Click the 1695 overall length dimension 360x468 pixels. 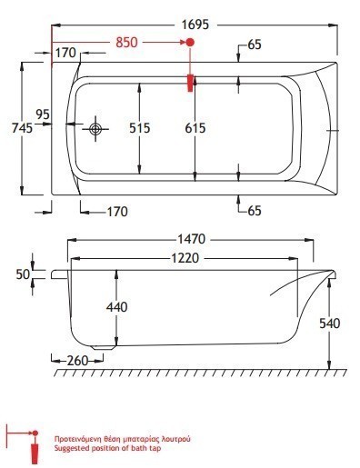point(195,25)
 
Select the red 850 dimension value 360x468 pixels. point(126,43)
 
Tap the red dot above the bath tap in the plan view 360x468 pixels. point(190,42)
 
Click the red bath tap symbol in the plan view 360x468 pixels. point(190,83)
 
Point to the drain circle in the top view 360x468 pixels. point(95,129)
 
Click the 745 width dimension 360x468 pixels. point(22,128)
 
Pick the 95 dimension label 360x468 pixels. point(43,115)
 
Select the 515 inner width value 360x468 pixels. point(140,128)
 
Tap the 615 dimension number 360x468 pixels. point(195,128)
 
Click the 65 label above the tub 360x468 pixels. point(255,45)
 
